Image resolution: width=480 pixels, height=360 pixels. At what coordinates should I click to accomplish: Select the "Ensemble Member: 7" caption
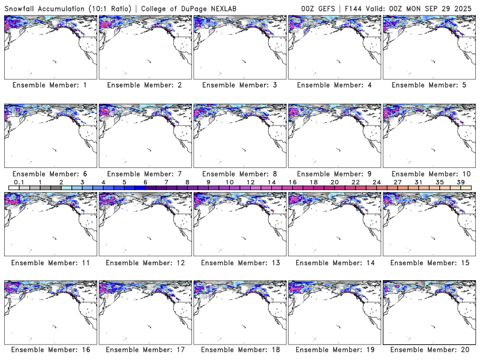[x=145, y=173]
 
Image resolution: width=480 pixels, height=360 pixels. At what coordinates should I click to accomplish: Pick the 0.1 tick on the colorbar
[x=19, y=182]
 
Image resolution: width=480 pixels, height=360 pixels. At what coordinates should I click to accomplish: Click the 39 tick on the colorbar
[x=460, y=182]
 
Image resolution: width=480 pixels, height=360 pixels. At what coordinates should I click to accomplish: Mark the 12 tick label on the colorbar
[x=250, y=182]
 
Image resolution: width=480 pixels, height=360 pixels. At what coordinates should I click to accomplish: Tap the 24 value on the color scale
[x=376, y=182]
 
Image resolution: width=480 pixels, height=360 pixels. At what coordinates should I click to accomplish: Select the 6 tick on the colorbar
[x=145, y=182]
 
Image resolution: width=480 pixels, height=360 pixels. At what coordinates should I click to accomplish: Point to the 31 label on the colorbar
[x=418, y=182]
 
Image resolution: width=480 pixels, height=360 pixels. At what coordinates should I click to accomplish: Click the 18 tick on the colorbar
[x=313, y=182]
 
